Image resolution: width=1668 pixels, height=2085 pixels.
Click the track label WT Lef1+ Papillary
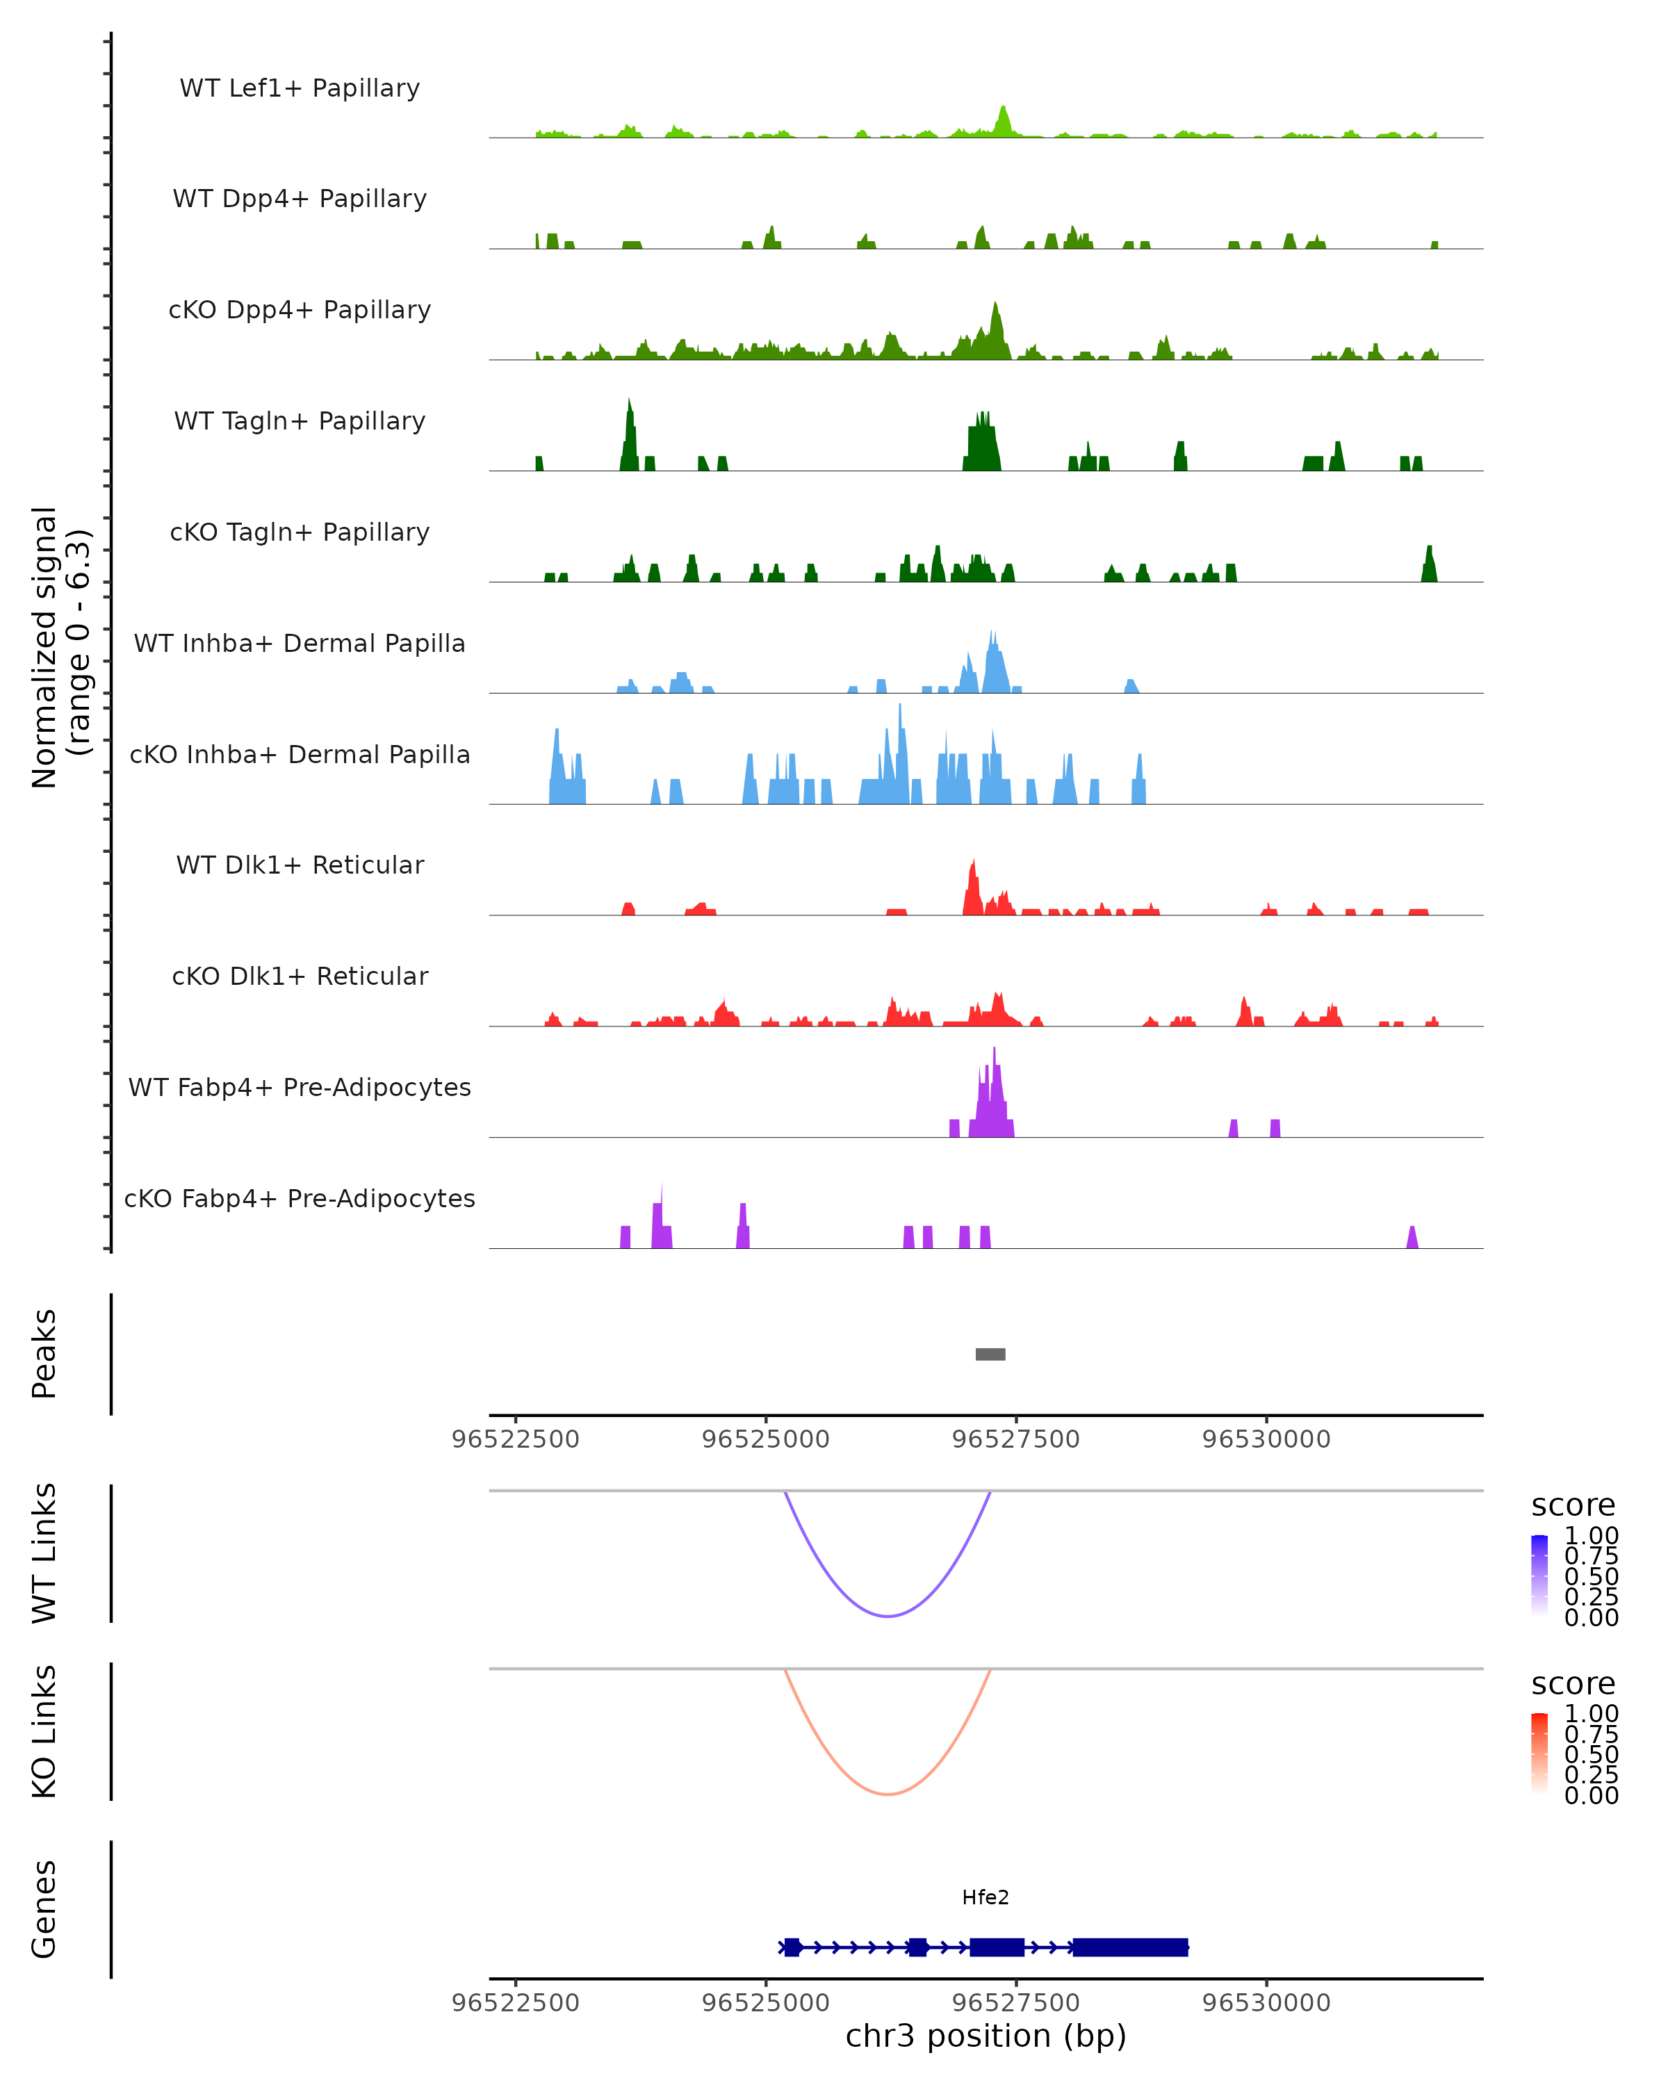coord(300,88)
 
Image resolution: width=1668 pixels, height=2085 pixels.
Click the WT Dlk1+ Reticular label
coord(300,865)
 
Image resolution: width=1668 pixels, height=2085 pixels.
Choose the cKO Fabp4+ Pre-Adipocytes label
coord(300,1198)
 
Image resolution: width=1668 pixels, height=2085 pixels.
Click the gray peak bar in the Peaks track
coord(990,1354)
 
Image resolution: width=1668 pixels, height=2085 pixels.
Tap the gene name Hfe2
coord(986,1897)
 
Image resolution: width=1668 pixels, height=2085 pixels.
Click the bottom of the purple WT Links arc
coord(888,1616)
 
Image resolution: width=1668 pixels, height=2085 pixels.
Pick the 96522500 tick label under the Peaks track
coord(516,1439)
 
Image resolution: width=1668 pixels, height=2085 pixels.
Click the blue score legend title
coord(1573,1506)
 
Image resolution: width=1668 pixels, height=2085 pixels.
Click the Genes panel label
coord(44,1909)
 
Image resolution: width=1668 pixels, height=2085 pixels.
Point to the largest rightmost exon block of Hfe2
coord(1129,1947)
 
